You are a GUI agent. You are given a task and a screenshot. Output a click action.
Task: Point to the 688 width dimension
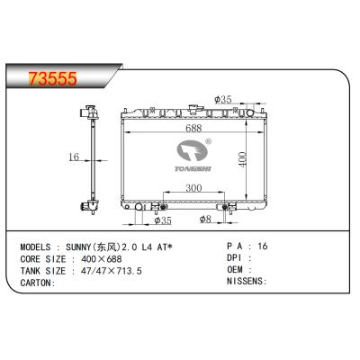point(193,128)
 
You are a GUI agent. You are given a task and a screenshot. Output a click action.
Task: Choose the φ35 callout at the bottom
point(163,219)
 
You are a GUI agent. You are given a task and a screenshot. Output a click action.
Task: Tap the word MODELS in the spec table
point(35,245)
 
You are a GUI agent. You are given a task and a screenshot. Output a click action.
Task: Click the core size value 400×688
point(104,256)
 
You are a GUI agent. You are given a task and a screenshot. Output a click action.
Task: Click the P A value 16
point(263,245)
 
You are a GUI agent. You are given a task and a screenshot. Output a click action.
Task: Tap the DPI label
point(233,256)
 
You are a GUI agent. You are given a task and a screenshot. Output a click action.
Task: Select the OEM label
point(233,268)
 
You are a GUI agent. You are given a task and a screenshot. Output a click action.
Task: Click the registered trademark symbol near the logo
point(209,141)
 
